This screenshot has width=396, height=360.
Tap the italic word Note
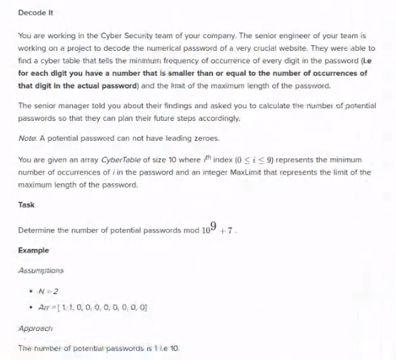(x=27, y=138)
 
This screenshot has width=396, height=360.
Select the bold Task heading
(x=26, y=205)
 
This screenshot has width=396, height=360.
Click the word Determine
(x=38, y=230)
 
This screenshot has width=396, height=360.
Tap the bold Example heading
(x=33, y=250)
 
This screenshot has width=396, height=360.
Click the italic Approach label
(x=35, y=329)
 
